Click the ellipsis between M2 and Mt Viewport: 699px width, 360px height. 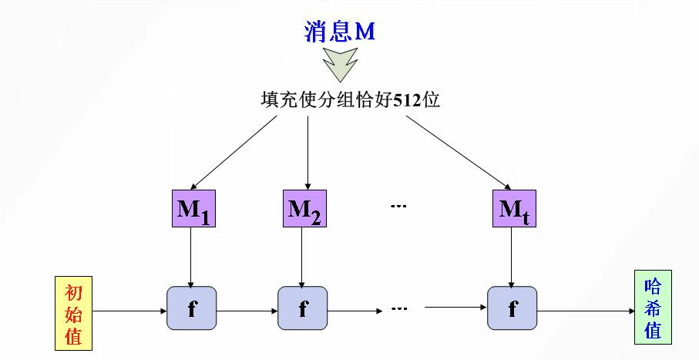point(398,207)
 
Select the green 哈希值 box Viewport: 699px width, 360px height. point(652,307)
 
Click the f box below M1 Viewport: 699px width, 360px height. point(191,309)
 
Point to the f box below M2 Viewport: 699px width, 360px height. point(303,309)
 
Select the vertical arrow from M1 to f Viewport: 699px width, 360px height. point(191,256)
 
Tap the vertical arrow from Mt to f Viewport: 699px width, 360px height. point(512,256)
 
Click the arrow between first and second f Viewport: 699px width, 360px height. point(247,311)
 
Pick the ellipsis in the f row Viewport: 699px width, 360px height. point(398,308)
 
